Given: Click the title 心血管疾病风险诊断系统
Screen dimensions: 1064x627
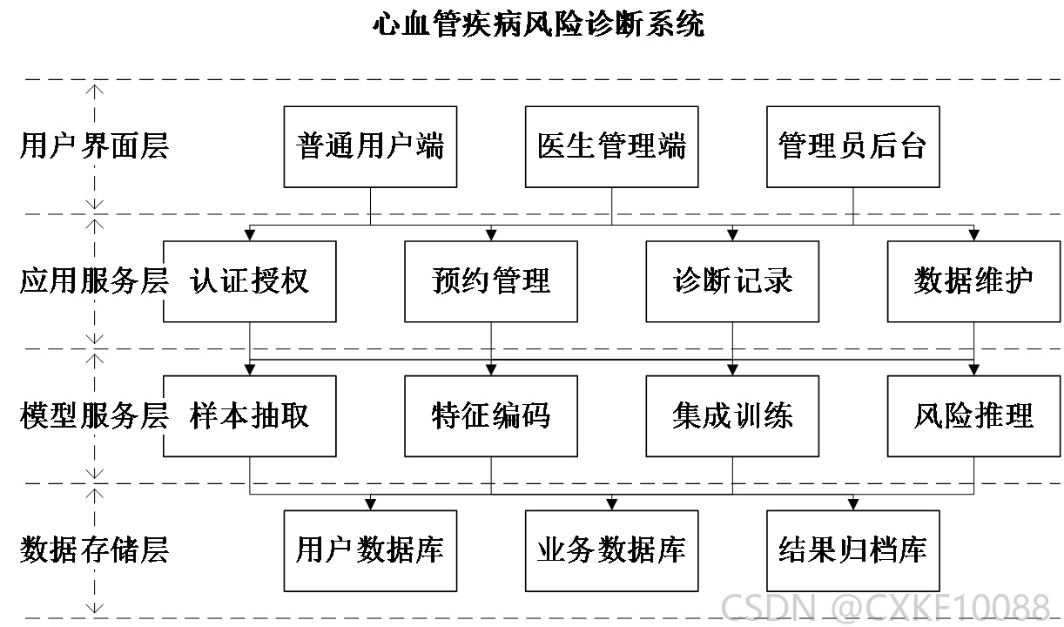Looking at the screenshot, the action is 538,24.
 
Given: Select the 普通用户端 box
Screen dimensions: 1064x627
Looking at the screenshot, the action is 371,147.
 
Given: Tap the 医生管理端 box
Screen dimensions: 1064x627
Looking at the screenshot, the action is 612,147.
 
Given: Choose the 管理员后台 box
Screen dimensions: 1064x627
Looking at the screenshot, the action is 853,147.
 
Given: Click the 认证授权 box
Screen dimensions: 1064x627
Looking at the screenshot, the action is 250,281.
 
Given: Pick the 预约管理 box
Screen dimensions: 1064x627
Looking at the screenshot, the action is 491,281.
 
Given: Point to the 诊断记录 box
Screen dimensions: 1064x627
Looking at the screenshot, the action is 732,281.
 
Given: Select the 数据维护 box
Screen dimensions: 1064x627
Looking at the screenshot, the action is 973,281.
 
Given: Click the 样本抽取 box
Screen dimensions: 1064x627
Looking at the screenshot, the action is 250,416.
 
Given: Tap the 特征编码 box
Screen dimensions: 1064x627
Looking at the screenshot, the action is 491,416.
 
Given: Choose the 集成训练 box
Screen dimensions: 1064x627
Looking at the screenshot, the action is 732,416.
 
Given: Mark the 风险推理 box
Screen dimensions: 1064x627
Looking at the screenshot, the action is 973,416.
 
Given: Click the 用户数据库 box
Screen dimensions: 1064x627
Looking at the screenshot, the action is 371,551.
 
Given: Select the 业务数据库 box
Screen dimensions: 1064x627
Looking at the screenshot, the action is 612,551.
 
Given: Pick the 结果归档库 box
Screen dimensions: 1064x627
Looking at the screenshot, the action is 853,551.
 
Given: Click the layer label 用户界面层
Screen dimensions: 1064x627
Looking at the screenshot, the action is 94,145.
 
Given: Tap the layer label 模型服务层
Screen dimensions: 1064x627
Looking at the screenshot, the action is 94,415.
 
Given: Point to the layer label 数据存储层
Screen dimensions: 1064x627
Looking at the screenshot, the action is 94,550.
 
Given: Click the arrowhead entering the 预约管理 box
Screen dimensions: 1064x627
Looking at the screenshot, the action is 491,235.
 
